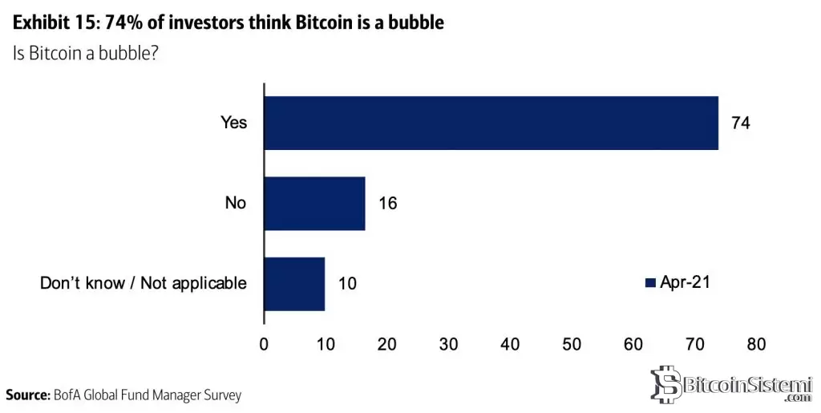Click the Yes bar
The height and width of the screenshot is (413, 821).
point(491,123)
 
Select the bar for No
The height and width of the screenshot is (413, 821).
point(314,203)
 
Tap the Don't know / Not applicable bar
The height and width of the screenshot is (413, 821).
point(294,283)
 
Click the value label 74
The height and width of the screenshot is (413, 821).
point(739,123)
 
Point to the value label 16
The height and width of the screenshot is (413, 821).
point(386,203)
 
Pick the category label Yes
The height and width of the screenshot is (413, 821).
point(234,123)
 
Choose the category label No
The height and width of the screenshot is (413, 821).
point(235,203)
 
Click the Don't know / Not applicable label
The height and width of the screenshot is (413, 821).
point(144,283)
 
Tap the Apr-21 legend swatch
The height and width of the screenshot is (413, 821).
point(650,282)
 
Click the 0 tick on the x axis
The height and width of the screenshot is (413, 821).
point(264,345)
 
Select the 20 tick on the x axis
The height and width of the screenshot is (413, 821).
point(387,345)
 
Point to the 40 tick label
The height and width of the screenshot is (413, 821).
point(510,345)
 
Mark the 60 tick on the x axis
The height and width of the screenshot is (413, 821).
point(633,345)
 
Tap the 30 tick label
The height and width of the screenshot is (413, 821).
point(448,345)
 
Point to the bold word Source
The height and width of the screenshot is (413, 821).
point(27,395)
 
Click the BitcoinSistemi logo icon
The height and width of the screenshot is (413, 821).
point(665,384)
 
